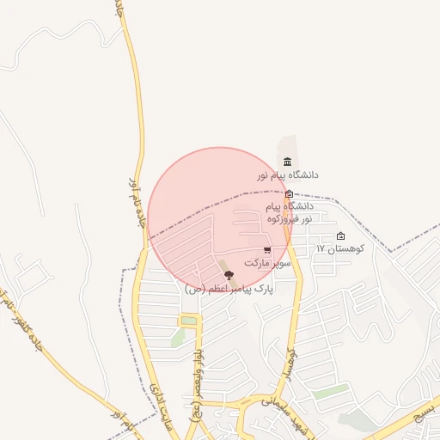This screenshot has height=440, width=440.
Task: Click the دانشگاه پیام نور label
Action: click(287, 174)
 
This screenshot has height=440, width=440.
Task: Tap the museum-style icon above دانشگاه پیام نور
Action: click(287, 162)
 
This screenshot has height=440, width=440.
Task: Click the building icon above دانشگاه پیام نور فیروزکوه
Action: click(289, 194)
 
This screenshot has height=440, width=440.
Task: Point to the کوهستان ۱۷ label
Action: click(340, 248)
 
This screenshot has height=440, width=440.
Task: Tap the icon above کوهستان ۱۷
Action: click(340, 236)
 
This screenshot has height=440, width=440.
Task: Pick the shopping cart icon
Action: click(268, 250)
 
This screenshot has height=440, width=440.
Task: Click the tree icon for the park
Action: click(229, 274)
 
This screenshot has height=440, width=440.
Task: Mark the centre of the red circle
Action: click(221, 220)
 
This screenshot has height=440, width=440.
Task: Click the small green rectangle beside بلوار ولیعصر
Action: click(188, 321)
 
